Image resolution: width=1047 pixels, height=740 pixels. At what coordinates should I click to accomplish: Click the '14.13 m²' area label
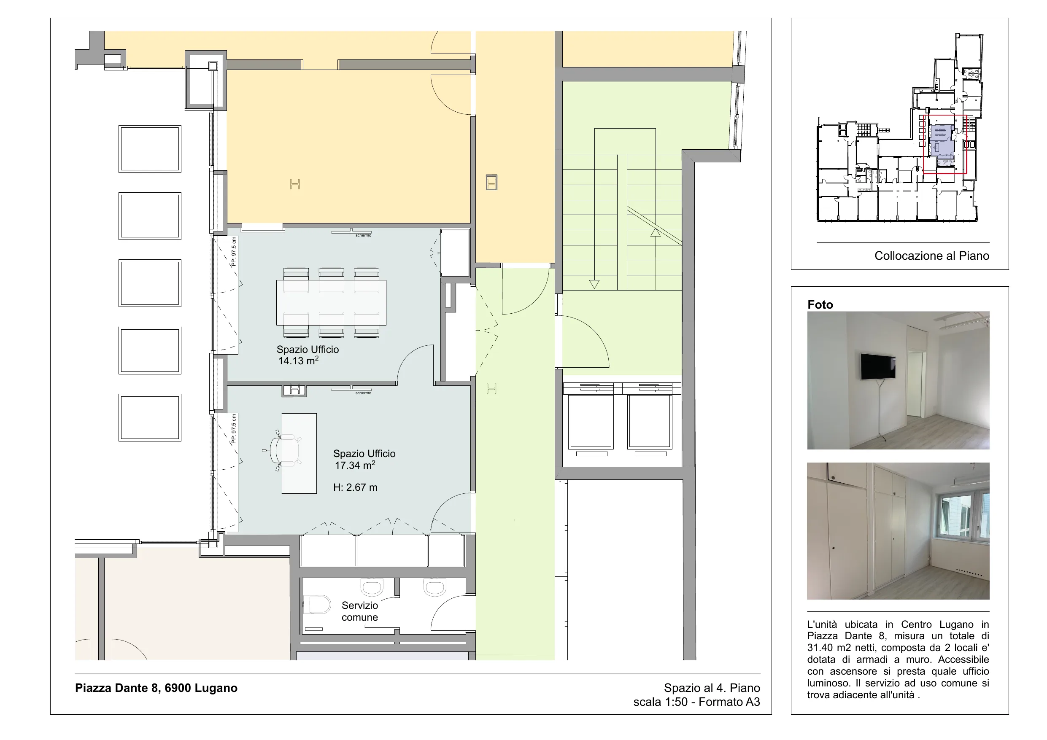pos(298,361)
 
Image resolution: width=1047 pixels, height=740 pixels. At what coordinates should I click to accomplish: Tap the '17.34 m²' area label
pos(355,465)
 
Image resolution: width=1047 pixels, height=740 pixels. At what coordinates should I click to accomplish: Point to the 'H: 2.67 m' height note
pos(355,487)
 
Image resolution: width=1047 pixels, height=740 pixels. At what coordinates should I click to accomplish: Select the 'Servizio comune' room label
pos(360,611)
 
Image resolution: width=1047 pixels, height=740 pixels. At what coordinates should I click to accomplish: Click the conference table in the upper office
pos(331,303)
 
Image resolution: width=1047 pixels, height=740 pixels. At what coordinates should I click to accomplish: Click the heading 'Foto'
pos(820,304)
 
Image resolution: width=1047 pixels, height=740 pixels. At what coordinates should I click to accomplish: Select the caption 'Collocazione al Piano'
pos(932,256)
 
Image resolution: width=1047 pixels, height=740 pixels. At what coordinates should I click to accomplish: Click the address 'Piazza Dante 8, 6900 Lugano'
pos(156,688)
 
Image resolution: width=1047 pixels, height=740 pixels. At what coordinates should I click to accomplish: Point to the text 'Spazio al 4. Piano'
pos(712,688)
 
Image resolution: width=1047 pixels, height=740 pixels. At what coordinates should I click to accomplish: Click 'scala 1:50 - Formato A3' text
pos(696,702)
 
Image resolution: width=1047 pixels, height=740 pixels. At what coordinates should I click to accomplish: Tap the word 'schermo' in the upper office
pos(364,235)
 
